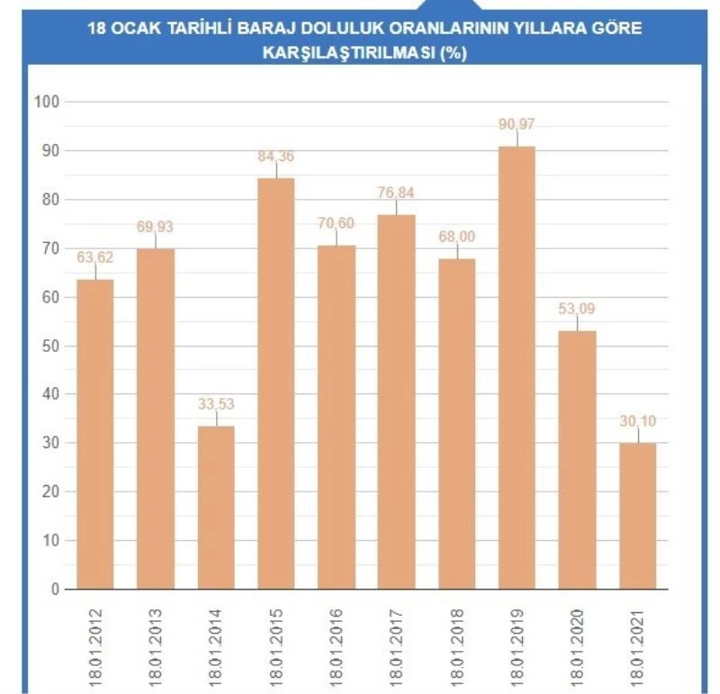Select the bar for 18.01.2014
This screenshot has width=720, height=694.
tap(216, 508)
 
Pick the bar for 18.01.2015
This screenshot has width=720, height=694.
tap(276, 383)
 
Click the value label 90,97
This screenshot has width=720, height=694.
tap(517, 123)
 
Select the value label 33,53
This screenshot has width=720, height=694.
tap(216, 403)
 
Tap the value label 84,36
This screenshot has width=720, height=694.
tap(276, 156)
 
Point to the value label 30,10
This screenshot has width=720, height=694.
tap(638, 420)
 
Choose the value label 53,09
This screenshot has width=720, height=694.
tap(578, 309)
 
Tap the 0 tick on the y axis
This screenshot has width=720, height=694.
tap(54, 590)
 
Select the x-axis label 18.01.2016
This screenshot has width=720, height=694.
tap(337, 642)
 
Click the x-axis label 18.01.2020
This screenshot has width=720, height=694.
tap(578, 642)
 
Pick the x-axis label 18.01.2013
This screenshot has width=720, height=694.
tap(156, 642)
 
